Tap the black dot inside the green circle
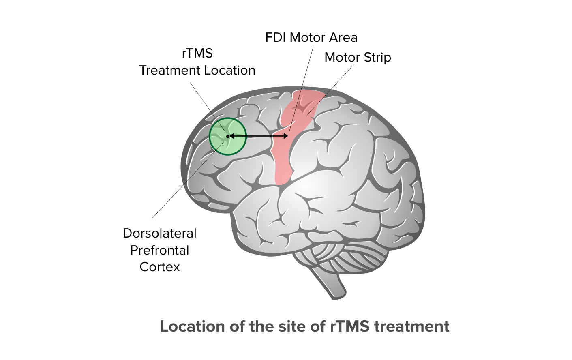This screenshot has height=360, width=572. pos(228,136)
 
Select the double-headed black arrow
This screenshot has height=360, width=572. pos(258,136)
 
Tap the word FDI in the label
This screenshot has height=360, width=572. pos(276,38)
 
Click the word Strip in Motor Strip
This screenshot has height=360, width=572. pos(377,58)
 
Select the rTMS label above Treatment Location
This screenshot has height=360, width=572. pos(197,54)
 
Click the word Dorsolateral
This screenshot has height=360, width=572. pos(160,234)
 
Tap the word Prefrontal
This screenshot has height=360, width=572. pos(160,251)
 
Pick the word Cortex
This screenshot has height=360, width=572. pos(160,267)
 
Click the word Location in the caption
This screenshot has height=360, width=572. pos(192,327)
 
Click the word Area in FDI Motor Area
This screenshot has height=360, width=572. pos(343,38)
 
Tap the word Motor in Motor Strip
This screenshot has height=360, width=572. pos(342,58)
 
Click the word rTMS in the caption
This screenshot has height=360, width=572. pos(349,327)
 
